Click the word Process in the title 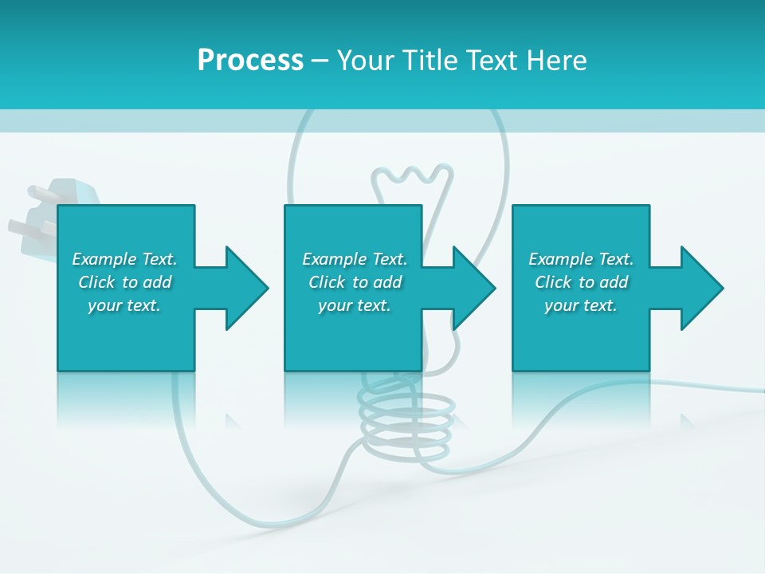point(250,61)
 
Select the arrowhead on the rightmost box point(700,288)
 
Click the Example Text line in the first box point(124,259)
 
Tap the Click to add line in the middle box point(355,282)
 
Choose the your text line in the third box point(581,305)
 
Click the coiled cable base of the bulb point(406,423)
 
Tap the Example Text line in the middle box point(355,259)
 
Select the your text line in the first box point(124,305)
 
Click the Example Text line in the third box point(581,259)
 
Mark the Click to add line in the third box point(581,282)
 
